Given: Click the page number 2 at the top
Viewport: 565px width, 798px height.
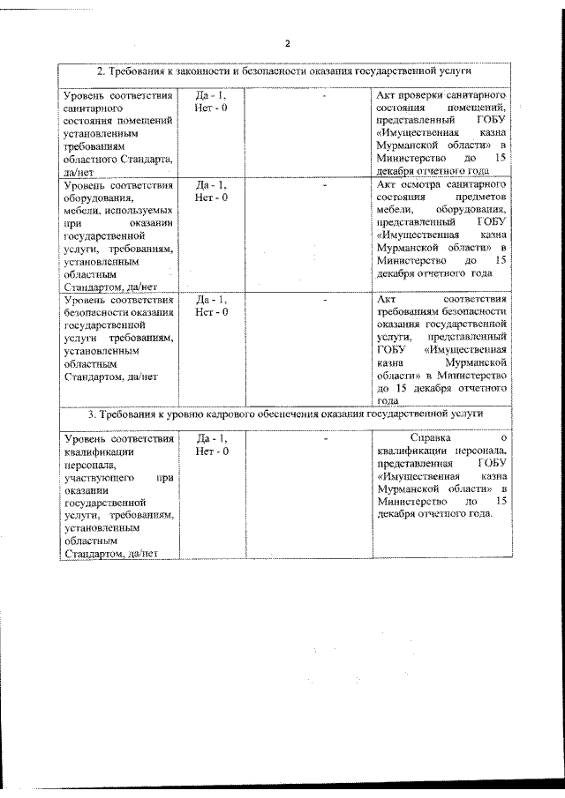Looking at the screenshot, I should tap(287, 43).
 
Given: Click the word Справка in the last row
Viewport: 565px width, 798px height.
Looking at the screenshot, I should tap(430, 438).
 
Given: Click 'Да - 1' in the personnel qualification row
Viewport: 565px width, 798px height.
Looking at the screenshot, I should tap(211, 438).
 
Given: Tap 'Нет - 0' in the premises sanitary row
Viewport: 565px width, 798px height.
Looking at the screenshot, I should tap(211, 107).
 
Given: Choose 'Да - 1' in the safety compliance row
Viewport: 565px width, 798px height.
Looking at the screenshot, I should tap(211, 299).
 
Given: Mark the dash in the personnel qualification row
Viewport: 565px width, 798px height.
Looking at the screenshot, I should tap(326, 438).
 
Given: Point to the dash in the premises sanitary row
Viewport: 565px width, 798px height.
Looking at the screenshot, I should tap(326, 93).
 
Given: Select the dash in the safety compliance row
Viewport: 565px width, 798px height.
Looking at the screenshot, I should tap(326, 299).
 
